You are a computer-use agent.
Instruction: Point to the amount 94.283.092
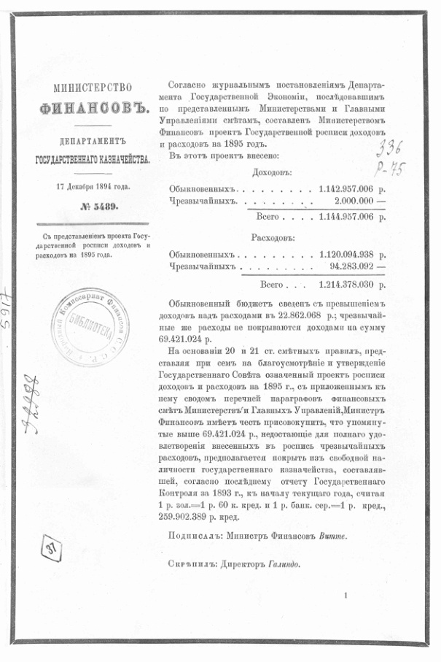click(351, 267)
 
